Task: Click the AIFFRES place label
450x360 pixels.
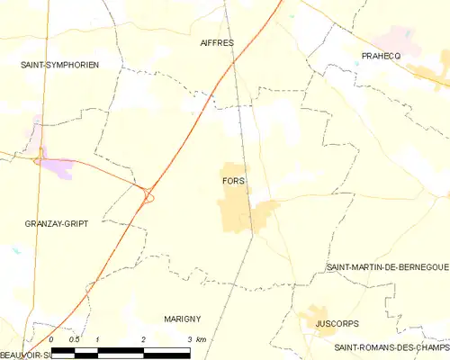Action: (x=217, y=42)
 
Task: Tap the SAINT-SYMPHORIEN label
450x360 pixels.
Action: (x=60, y=65)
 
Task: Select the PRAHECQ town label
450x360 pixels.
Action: (x=381, y=56)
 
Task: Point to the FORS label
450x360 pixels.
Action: (x=232, y=181)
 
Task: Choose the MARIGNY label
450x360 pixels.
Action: (x=182, y=319)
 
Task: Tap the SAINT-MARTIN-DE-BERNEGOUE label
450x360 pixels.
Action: (x=387, y=268)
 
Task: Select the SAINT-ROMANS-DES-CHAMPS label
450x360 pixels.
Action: (x=391, y=347)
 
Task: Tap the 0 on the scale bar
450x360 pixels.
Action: (x=51, y=338)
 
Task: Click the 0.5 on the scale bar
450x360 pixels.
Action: (x=74, y=338)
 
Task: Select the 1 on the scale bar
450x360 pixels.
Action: (x=97, y=338)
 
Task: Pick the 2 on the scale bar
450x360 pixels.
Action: (x=143, y=338)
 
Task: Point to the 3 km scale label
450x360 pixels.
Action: (x=196, y=338)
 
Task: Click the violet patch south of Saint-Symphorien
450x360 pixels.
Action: (x=58, y=168)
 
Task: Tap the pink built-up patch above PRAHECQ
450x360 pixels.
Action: (x=396, y=38)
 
